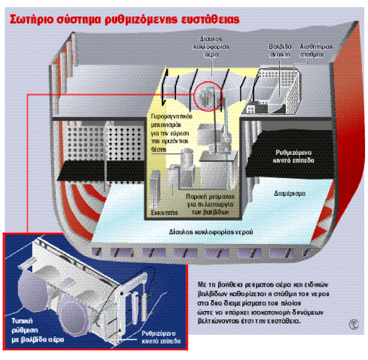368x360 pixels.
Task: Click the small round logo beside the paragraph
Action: pos(354,325)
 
